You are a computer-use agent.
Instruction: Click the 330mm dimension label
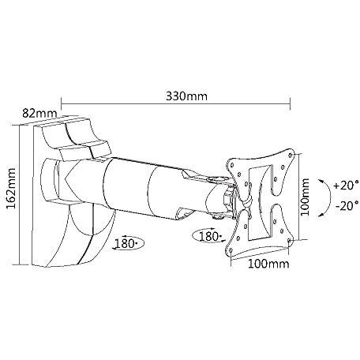(x=186, y=96)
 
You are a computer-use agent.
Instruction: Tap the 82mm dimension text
(x=39, y=114)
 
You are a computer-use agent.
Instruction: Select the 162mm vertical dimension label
(x=11, y=189)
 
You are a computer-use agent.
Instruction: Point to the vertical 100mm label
(x=305, y=197)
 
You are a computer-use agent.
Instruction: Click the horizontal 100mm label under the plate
(x=268, y=264)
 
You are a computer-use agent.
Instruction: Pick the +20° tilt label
(x=346, y=186)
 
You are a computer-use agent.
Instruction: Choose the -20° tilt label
(x=347, y=205)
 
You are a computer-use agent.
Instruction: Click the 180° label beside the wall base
(x=126, y=244)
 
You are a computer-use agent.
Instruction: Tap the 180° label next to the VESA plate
(x=209, y=236)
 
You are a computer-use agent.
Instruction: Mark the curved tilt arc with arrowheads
(x=330, y=197)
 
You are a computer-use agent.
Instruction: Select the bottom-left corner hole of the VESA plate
(x=231, y=249)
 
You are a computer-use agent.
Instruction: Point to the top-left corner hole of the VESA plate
(x=232, y=165)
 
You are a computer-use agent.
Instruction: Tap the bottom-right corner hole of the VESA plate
(x=290, y=240)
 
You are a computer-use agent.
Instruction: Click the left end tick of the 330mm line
(x=62, y=103)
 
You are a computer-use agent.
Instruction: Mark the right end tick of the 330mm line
(x=290, y=103)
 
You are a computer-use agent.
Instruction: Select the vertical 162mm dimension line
(x=20, y=195)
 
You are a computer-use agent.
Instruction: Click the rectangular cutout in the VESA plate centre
(x=261, y=202)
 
